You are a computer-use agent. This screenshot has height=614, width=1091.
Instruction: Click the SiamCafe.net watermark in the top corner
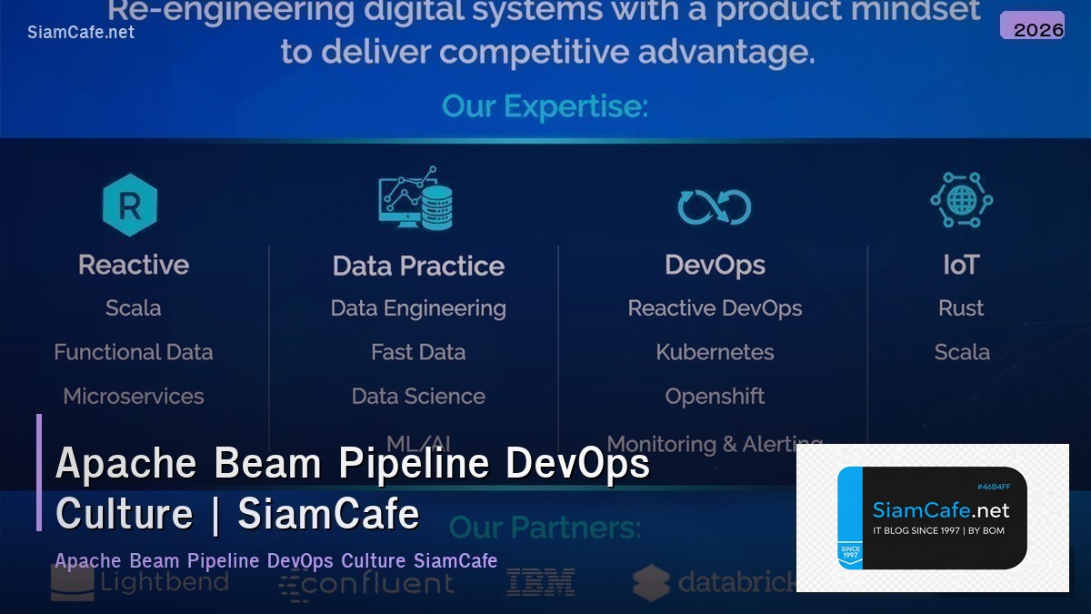81,32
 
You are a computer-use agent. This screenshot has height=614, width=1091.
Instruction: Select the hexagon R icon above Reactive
130,205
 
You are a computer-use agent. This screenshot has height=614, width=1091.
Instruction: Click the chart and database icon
415,198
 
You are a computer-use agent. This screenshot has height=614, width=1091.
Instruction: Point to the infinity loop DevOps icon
715,207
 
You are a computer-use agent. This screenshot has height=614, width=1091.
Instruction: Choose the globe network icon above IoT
961,200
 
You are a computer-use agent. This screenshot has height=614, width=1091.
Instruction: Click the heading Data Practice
418,266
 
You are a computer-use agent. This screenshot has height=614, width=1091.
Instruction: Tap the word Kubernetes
715,352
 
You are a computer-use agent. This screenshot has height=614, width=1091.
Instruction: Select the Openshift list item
715,397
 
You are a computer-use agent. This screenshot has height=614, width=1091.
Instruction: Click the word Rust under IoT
961,308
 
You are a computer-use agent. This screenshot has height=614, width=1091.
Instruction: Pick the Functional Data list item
134,352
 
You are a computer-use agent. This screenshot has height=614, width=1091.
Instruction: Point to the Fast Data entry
418,352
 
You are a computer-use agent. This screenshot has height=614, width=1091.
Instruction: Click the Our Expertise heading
545,107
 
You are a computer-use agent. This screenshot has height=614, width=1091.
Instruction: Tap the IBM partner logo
540,582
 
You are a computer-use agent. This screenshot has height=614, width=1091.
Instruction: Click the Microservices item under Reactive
134,397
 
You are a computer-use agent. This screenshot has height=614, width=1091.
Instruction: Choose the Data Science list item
418,397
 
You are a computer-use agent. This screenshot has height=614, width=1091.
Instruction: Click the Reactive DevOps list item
715,308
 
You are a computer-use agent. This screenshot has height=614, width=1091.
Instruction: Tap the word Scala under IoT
961,352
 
